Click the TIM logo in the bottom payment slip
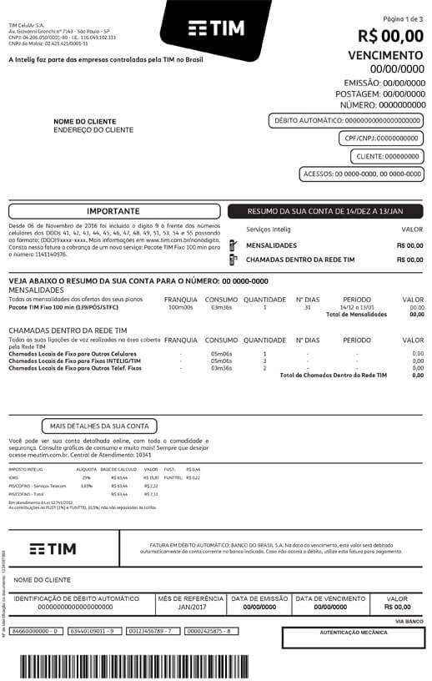(x=53, y=548)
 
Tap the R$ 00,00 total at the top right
(x=390, y=36)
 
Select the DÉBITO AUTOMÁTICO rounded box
(x=347, y=121)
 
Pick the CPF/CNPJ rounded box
(x=381, y=139)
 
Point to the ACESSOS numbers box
(x=361, y=174)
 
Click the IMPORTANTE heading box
(x=113, y=211)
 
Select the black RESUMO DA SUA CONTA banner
(x=326, y=211)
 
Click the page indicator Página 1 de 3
(x=403, y=18)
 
